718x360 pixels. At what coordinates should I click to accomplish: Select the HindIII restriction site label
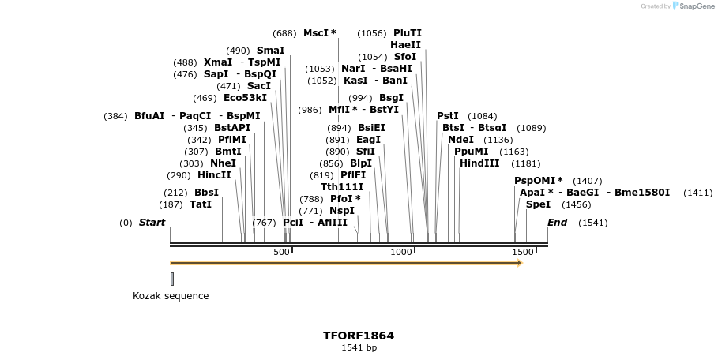tap(479, 163)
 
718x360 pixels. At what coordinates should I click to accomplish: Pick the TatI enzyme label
tap(201, 204)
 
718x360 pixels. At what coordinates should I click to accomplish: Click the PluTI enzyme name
tap(408, 33)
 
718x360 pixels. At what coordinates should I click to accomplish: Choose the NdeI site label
tap(460, 140)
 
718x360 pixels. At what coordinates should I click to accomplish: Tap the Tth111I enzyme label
tap(342, 187)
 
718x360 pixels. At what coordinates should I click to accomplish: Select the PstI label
tap(448, 116)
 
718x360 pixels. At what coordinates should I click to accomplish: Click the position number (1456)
tap(577, 204)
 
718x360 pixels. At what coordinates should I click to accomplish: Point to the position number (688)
tap(284, 33)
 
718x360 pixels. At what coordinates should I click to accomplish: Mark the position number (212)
tap(175, 193)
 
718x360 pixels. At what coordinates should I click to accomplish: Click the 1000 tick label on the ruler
tap(401, 252)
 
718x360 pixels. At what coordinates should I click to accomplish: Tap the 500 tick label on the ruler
tap(281, 252)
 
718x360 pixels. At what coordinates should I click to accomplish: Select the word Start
tap(152, 223)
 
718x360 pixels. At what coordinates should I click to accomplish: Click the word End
tap(558, 223)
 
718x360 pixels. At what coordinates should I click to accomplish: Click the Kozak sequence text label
tap(171, 296)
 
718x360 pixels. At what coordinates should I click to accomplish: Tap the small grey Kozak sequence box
tap(172, 279)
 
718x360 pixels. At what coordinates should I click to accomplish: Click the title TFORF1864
tap(359, 336)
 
